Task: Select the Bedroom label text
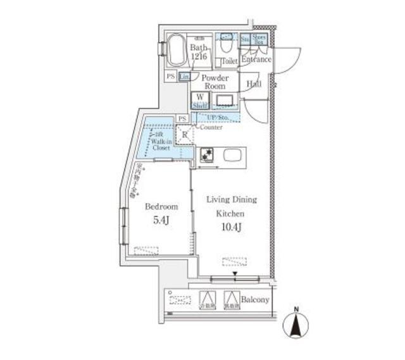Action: pyautogui.click(x=161, y=207)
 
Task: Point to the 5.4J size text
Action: pyautogui.click(x=161, y=221)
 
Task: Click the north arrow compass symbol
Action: pyautogui.click(x=296, y=324)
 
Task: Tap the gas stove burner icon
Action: pyautogui.click(x=206, y=154)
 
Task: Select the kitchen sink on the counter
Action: pyautogui.click(x=232, y=154)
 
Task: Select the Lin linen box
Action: pyautogui.click(x=184, y=77)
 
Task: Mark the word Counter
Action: pyautogui.click(x=212, y=127)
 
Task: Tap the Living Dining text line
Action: pyautogui.click(x=232, y=200)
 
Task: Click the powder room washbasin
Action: pyautogui.click(x=225, y=99)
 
